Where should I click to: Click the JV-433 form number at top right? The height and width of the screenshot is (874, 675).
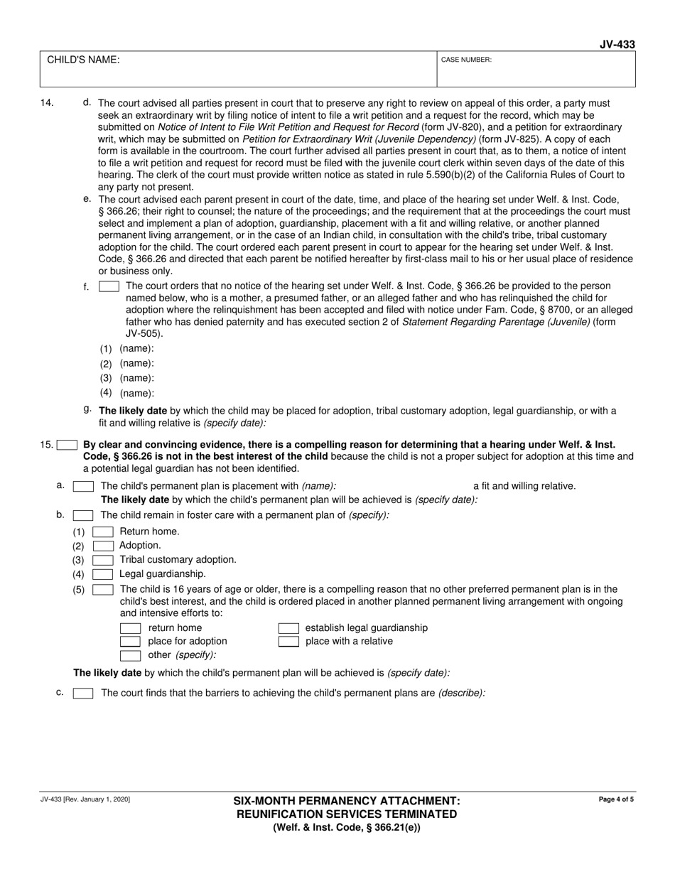pos(617,45)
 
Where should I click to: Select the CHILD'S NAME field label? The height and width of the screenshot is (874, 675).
pos(83,60)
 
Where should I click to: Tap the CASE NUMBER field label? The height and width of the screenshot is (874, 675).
pos(466,60)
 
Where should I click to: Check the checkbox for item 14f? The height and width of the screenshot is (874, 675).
pos(109,286)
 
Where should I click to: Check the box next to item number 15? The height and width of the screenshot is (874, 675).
pos(67,446)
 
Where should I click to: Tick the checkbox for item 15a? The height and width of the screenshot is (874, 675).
pos(83,486)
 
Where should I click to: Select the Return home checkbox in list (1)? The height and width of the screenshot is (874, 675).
pos(103,532)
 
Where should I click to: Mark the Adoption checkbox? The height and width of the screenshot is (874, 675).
pos(103,546)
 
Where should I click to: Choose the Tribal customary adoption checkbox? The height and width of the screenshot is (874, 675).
pos(103,560)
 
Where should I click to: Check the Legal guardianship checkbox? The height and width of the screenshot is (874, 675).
pos(103,574)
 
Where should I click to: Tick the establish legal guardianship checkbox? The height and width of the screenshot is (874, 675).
pos(288,628)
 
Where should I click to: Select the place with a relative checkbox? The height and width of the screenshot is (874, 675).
pos(288,642)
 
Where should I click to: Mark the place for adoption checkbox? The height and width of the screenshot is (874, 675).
pos(130,642)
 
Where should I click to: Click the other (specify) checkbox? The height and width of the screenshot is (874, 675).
pos(130,655)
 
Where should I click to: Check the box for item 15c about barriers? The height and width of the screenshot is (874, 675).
pos(83,694)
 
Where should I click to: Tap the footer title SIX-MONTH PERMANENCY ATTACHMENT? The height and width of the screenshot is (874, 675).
pos(347,801)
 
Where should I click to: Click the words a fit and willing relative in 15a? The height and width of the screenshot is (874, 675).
pos(524,486)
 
